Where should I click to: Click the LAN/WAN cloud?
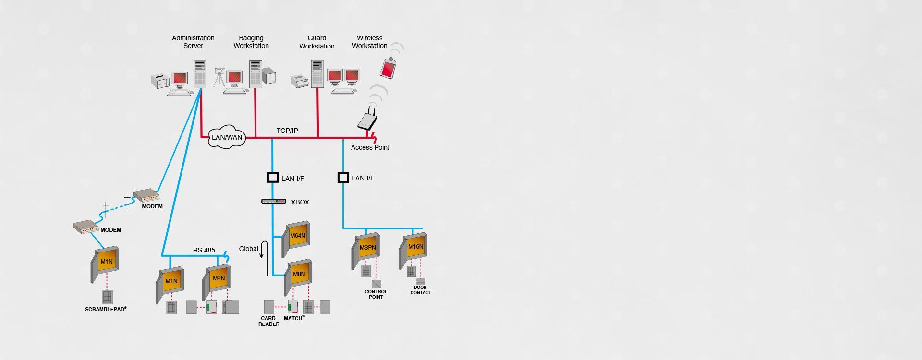pos(227,137)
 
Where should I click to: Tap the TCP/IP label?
pos(287,131)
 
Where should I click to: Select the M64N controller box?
pos(295,239)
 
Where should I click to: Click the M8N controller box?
pos(298,277)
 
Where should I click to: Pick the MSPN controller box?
pos(365,251)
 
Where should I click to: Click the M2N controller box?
pos(217,282)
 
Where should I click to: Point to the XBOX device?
pos(273,202)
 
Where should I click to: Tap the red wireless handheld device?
pos(388,68)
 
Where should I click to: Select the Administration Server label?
pos(193,42)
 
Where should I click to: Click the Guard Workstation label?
pos(317,42)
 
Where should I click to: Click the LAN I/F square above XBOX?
pos(273,178)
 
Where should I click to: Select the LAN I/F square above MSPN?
pos(343,178)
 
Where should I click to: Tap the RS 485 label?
pos(204,250)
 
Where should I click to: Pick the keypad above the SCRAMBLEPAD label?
pos(107,297)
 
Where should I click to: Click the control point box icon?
pos(376,284)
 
